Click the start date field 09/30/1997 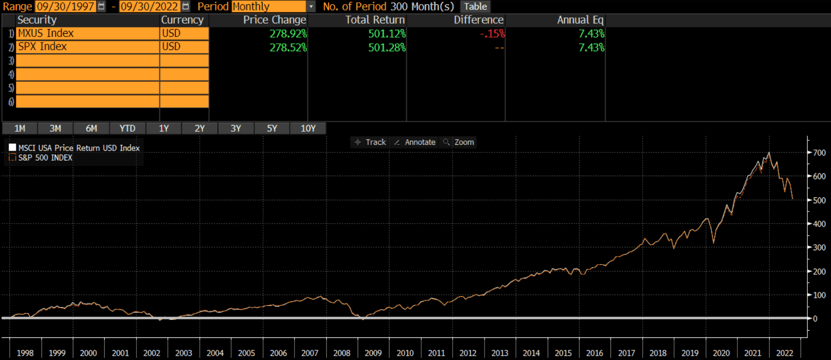[66, 6]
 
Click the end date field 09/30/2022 [149, 6]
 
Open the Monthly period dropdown [311, 6]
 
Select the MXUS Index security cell [88, 33]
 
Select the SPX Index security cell [88, 47]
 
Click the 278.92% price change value [288, 34]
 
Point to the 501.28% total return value [387, 47]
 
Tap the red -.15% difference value [492, 34]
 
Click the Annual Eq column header [580, 20]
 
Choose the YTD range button [127, 128]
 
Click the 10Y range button [308, 128]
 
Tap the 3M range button [55, 128]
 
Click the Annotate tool [415, 142]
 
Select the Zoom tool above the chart [459, 142]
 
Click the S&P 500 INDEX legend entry [45, 158]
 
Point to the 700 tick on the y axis [819, 152]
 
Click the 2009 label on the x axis [373, 353]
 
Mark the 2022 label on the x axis [784, 353]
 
